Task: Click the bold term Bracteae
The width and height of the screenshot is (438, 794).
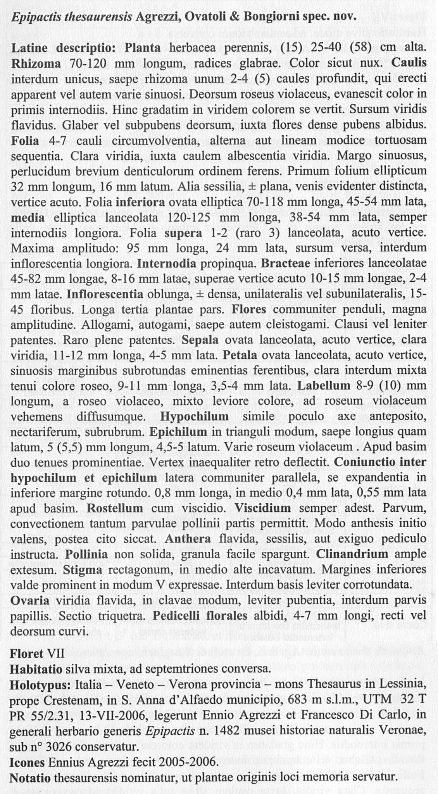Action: point(285,264)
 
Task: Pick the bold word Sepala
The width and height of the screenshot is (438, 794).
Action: point(200,340)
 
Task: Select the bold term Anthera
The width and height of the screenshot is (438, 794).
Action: point(188,539)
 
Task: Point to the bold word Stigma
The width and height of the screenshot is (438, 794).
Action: point(83,570)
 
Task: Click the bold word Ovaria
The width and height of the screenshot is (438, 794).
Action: point(30,601)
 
